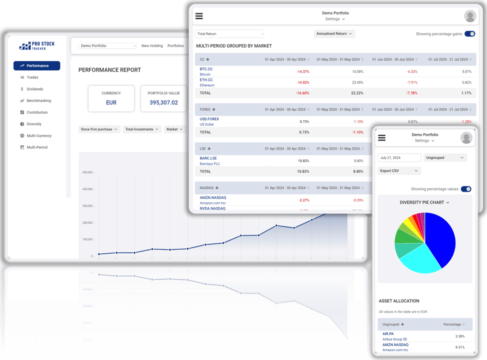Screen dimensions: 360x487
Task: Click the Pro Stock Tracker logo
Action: pyautogui.click(x=37, y=46)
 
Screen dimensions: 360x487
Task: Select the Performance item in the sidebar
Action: pyautogui.click(x=37, y=66)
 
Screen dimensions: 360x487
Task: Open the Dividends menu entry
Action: pyautogui.click(x=35, y=89)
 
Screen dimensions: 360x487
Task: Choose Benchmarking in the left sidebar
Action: pyautogui.click(x=38, y=101)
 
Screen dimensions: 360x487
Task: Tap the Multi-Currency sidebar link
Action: pyautogui.click(x=39, y=136)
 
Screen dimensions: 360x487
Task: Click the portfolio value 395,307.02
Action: pyautogui.click(x=163, y=103)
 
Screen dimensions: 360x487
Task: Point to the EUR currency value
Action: pyautogui.click(x=111, y=103)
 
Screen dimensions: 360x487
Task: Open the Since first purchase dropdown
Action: pyautogui.click(x=99, y=129)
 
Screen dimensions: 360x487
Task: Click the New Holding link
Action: pyautogui.click(x=152, y=46)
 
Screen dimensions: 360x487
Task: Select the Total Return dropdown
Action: pyautogui.click(x=229, y=34)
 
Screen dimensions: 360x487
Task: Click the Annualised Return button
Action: pyautogui.click(x=334, y=34)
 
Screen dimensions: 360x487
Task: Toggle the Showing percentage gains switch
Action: pyautogui.click(x=469, y=34)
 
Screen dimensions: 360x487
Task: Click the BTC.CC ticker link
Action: pyautogui.click(x=206, y=69)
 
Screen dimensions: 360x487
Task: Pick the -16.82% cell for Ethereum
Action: pyautogui.click(x=303, y=82)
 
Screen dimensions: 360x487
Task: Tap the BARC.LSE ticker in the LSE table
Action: pyautogui.click(x=208, y=159)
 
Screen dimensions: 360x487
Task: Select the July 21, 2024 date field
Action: pyautogui.click(x=399, y=158)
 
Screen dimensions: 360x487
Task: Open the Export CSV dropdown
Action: pyautogui.click(x=399, y=171)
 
